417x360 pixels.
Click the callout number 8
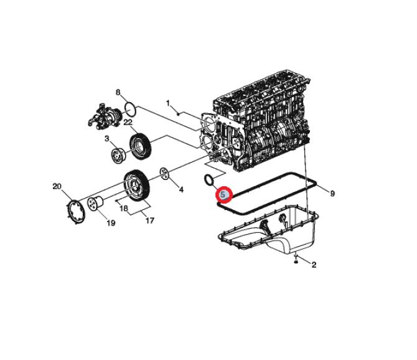coord(118,93)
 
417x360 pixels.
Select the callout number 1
coord(168,103)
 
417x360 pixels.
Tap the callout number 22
coord(128,123)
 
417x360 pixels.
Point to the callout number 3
coord(107,139)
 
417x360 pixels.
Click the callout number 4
coord(181,190)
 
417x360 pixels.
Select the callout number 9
coord(332,194)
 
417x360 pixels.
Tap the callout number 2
coord(314,265)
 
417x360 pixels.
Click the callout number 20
coord(57,186)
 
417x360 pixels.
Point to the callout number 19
coord(111,223)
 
